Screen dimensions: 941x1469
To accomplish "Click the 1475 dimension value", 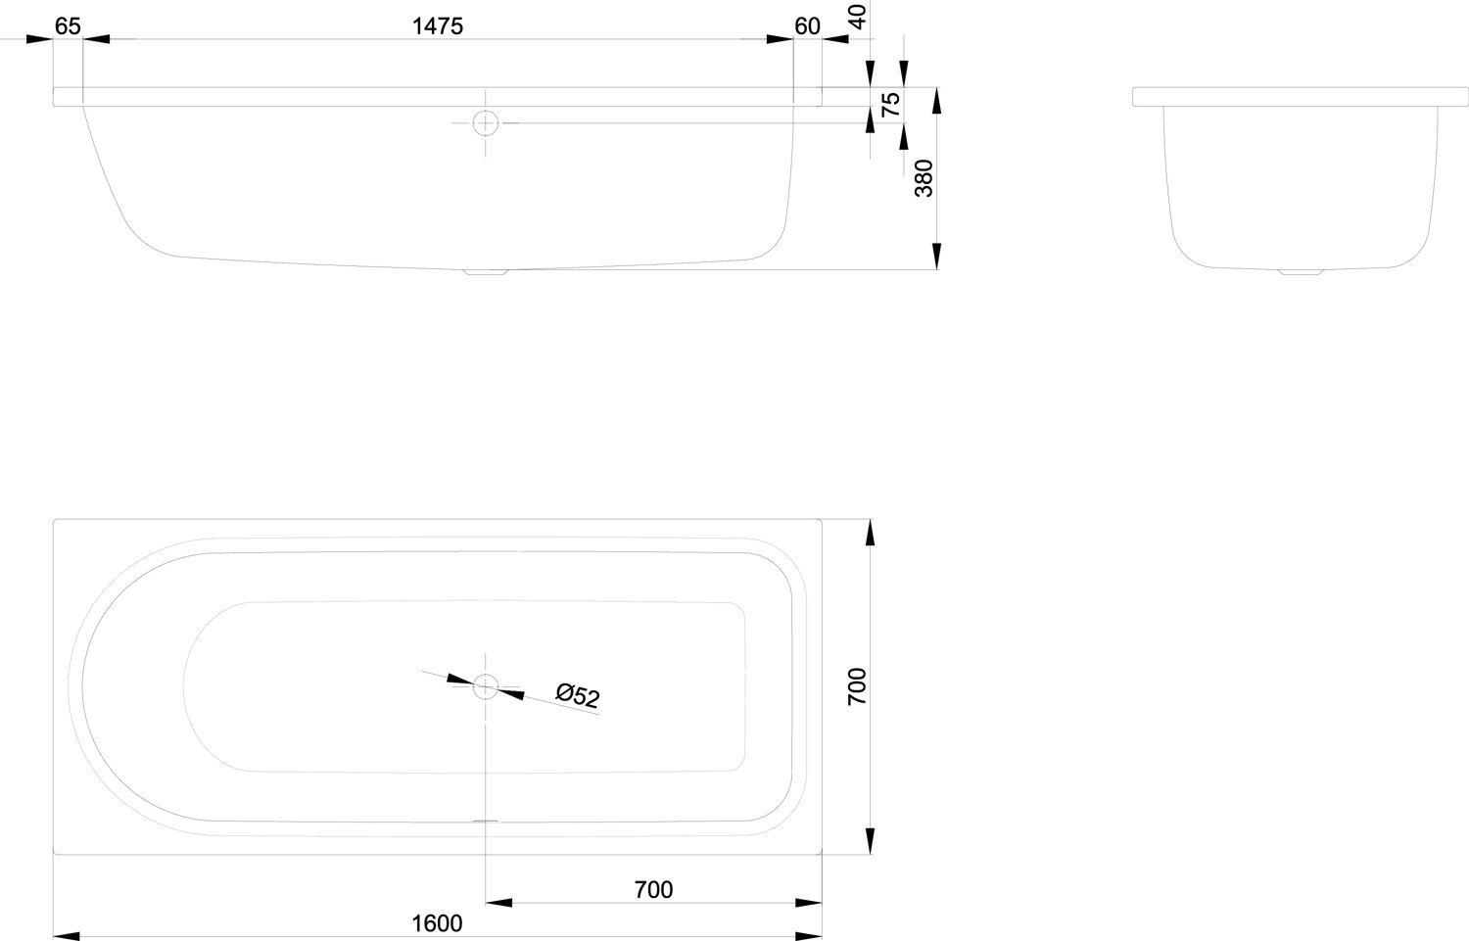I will [x=437, y=26].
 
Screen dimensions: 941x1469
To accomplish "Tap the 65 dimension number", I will [x=68, y=26].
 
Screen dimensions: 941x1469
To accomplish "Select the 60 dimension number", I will [x=807, y=26].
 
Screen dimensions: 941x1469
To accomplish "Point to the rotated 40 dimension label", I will [x=857, y=17].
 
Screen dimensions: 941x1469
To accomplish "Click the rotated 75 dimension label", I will [x=890, y=105].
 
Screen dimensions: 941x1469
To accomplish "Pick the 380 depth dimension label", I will [x=924, y=178].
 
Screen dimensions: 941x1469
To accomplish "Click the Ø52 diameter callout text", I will [x=577, y=695].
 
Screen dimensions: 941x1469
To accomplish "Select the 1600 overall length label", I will [x=437, y=922].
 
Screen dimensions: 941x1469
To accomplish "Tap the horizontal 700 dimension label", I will [x=653, y=889].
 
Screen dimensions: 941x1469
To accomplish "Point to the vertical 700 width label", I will [x=857, y=686].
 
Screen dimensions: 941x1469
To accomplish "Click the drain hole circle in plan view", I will [x=486, y=686].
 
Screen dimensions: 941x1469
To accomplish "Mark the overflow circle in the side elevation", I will [x=486, y=123].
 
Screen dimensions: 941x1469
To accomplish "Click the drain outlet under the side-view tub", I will [x=487, y=272].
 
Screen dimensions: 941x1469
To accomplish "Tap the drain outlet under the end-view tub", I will [x=1300, y=271].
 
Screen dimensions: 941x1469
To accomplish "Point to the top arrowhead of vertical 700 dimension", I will [x=870, y=533].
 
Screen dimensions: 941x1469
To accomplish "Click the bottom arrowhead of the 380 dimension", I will [x=937, y=256].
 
